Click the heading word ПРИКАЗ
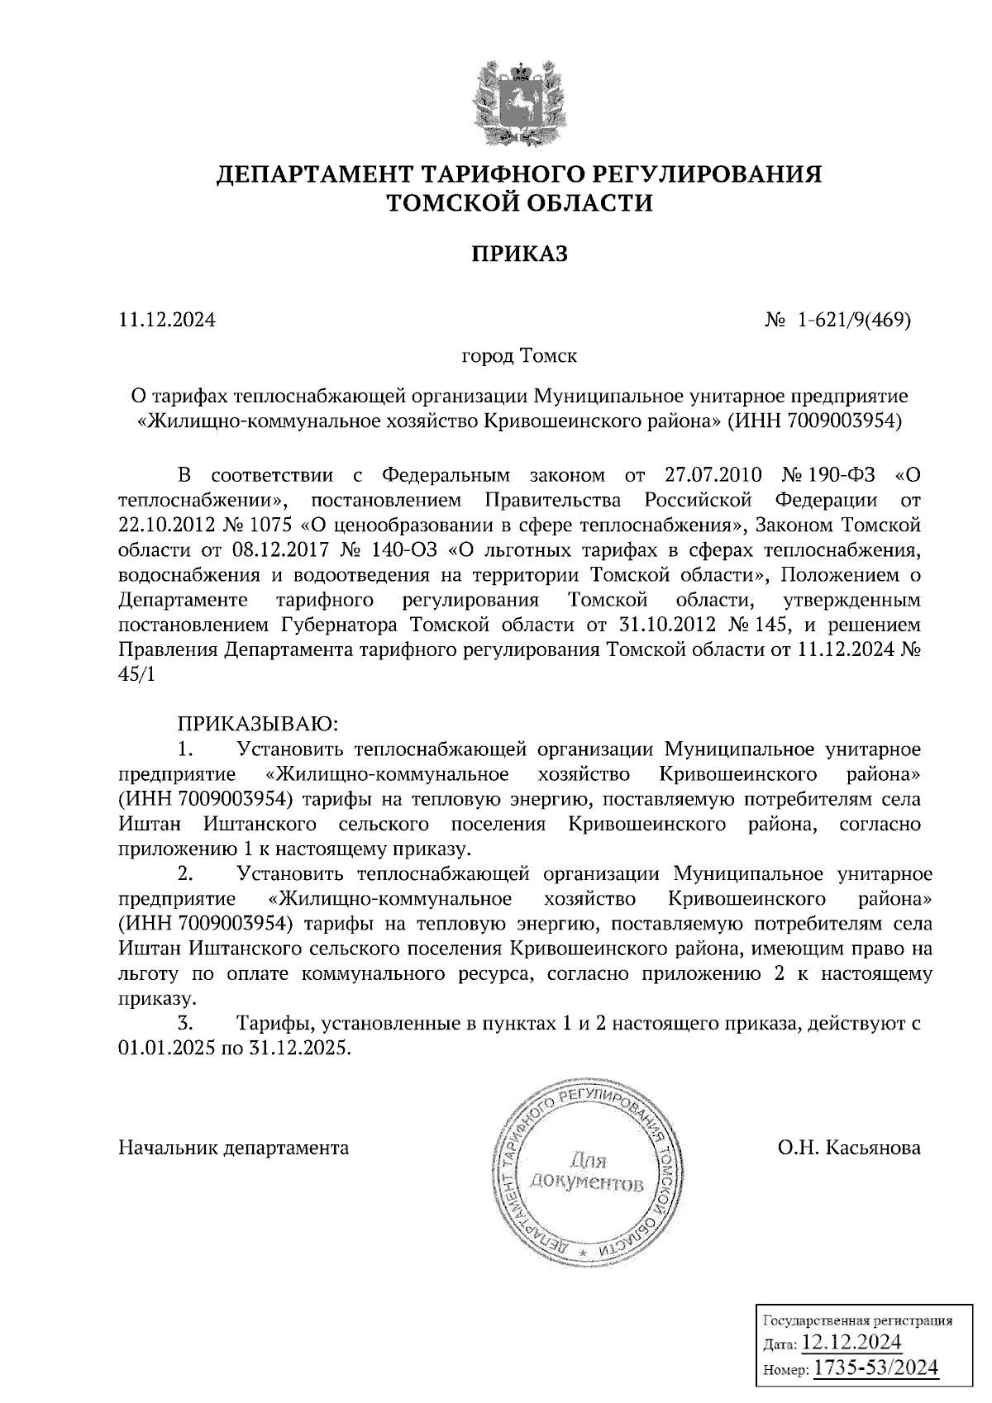[519, 254]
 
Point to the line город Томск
[518, 357]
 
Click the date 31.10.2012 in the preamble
[667, 625]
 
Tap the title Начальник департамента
[234, 1148]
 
